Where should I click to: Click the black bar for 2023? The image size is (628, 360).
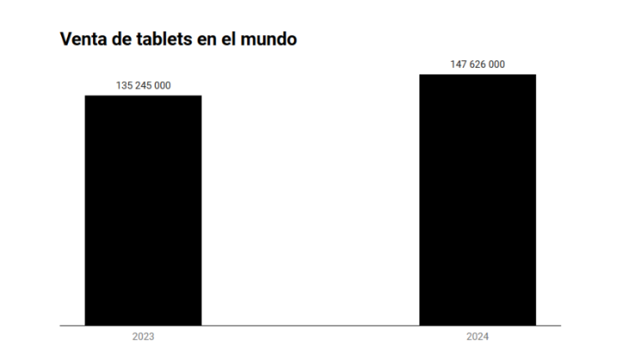143,209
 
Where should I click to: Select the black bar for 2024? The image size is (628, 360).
477,199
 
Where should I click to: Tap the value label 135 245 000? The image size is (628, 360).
143,85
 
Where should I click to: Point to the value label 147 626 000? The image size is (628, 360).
477,64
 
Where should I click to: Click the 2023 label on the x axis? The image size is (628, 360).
143,337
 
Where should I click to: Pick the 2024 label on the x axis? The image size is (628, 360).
477,337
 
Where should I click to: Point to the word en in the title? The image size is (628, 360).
208,39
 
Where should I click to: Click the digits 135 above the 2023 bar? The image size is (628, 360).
123,85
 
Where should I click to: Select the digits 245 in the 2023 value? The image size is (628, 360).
142,85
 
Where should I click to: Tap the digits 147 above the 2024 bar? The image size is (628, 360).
457,64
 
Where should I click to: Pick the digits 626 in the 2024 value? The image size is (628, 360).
477,64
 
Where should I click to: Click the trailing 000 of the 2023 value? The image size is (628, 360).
162,85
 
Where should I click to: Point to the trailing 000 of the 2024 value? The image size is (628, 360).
497,64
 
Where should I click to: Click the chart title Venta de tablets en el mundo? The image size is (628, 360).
178,39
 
